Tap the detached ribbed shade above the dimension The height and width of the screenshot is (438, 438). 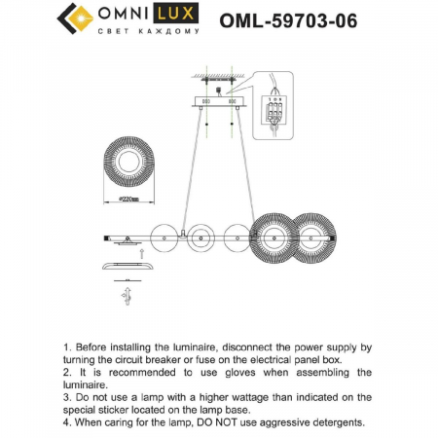tap(129, 160)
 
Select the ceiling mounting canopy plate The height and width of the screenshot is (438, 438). tap(216, 100)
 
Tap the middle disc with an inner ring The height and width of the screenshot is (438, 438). tap(201, 236)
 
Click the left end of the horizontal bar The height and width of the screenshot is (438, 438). tap(105, 237)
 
